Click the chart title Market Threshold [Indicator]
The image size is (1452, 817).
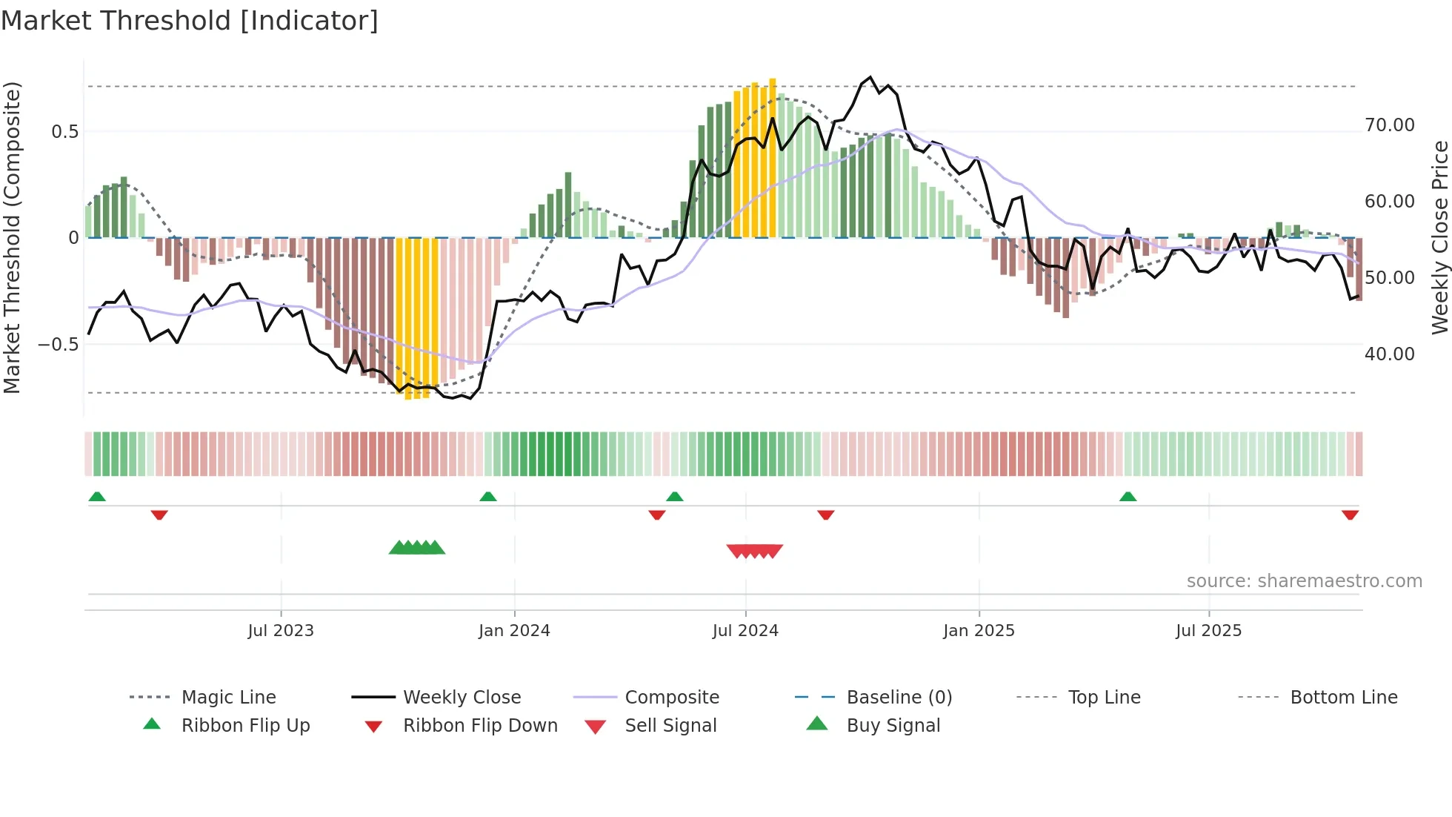[190, 21]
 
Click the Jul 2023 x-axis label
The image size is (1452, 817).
[281, 631]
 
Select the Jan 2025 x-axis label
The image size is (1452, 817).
[979, 631]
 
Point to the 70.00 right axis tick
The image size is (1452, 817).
[1389, 125]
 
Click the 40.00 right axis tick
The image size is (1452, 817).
[1389, 354]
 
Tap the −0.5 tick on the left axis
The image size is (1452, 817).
[58, 345]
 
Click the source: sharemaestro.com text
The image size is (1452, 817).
[1304, 581]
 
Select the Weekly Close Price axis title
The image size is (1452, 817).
[1439, 237]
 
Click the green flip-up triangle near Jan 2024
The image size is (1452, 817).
[488, 497]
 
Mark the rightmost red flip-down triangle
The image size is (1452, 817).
[1350, 515]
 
